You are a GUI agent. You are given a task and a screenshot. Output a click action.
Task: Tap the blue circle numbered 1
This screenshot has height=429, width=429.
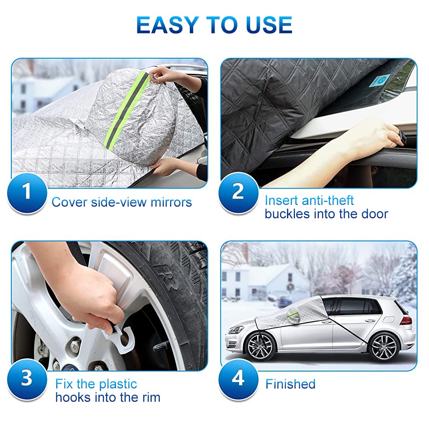27,192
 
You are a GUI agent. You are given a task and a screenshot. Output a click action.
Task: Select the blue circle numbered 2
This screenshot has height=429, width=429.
238,192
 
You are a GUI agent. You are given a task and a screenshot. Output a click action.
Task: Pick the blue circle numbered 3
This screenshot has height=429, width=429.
27,379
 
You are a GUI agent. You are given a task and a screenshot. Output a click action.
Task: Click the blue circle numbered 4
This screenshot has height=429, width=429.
238,379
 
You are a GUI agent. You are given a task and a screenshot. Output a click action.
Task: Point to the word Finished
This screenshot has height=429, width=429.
290,384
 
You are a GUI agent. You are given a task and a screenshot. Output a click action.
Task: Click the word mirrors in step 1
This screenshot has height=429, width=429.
171,202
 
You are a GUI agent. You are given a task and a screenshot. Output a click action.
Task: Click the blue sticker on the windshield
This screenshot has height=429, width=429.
376,81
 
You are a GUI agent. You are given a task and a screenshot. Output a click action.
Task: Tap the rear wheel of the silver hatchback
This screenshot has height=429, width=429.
384,347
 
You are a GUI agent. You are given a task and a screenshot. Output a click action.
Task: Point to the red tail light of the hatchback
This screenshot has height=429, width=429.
407,320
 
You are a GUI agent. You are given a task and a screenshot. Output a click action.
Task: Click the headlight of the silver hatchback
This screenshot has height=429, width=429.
236,329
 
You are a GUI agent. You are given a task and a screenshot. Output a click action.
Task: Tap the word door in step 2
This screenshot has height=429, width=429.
375,214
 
